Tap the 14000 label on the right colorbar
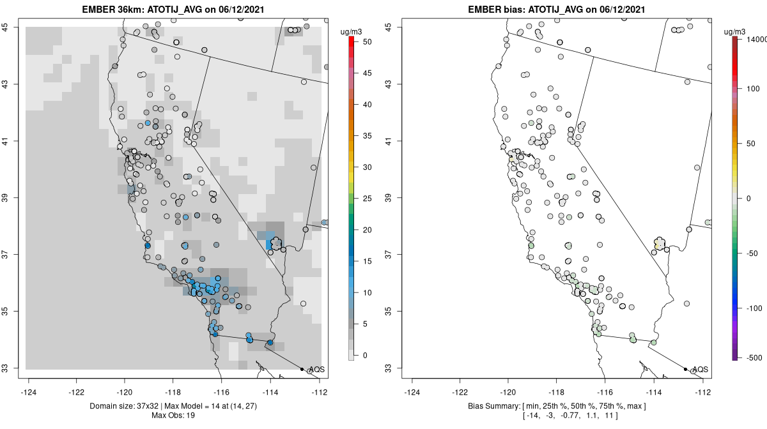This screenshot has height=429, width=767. pyautogui.click(x=752, y=40)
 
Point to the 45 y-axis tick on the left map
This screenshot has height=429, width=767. pyautogui.click(x=9, y=27)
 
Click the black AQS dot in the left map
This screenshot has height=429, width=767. pyautogui.click(x=302, y=369)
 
